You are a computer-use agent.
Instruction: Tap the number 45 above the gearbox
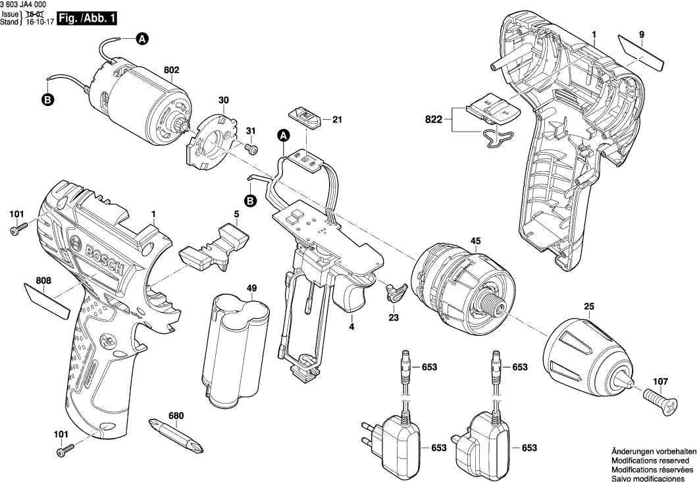pos(475,240)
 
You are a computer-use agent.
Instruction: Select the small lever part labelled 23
pos(395,290)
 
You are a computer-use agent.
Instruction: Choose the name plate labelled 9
pos(640,51)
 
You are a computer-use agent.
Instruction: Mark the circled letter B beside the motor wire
pos(47,100)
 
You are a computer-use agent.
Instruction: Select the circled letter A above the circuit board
pos(284,136)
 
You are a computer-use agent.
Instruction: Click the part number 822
pos(433,120)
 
